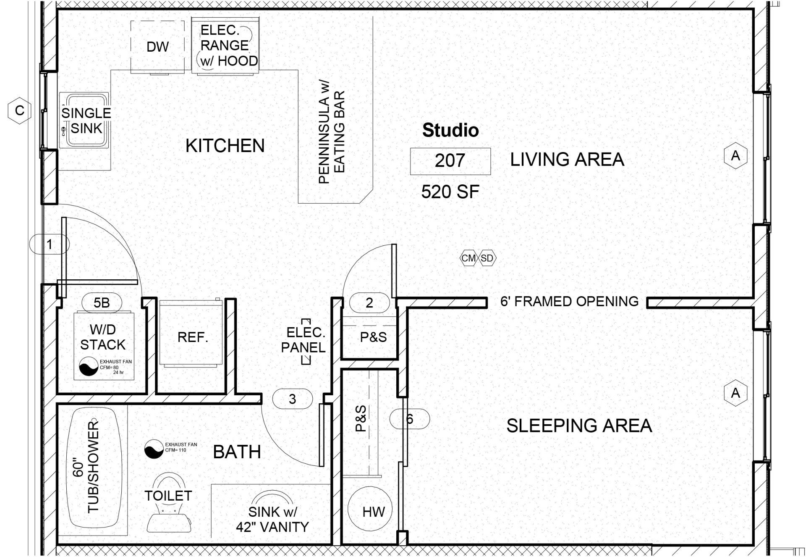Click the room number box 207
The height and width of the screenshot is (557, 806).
[x=450, y=161]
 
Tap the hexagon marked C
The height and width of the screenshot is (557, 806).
[x=19, y=111]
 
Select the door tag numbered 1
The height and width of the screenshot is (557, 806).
[x=50, y=244]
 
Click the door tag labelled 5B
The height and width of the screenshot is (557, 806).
[x=102, y=302]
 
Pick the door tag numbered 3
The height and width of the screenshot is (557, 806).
[x=293, y=399]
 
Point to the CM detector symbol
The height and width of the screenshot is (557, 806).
[x=468, y=258]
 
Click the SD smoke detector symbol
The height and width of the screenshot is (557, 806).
[x=487, y=258]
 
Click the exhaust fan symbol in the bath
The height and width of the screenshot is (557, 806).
[x=154, y=449]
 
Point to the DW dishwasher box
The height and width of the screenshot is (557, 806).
[x=157, y=47]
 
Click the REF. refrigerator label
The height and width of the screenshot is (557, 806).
[x=193, y=337]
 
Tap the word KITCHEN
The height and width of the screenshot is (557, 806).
[x=225, y=146]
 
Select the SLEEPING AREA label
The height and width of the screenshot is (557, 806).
[x=579, y=426]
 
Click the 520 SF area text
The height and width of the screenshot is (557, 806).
[x=450, y=192]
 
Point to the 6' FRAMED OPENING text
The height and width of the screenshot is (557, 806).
[x=569, y=301]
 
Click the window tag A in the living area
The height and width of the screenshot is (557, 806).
[x=735, y=156]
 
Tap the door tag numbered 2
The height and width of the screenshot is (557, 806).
[x=369, y=303]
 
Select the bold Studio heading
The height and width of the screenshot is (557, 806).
[x=450, y=130]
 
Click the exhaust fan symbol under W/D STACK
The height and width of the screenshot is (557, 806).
[x=89, y=366]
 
